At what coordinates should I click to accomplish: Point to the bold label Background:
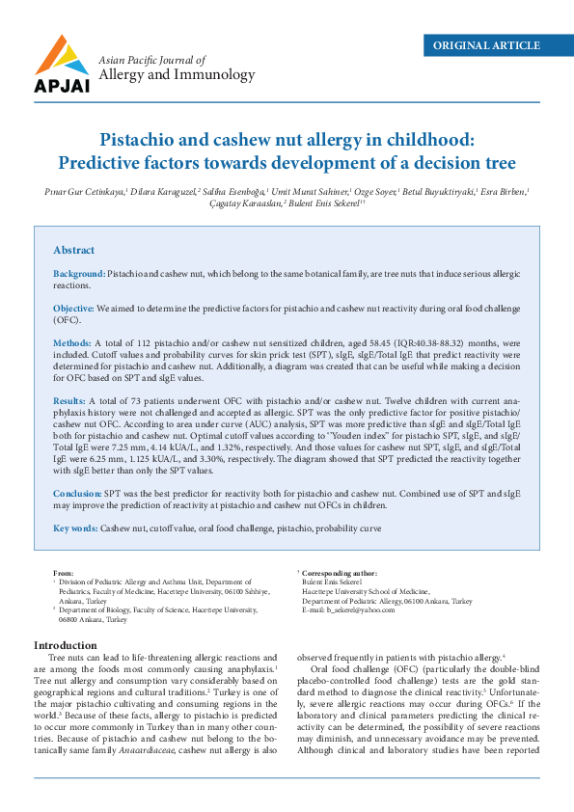tap(79, 275)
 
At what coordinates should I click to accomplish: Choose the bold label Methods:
tap(72, 342)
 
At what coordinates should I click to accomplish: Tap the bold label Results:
tap(69, 398)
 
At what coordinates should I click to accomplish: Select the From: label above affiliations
tap(63, 573)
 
